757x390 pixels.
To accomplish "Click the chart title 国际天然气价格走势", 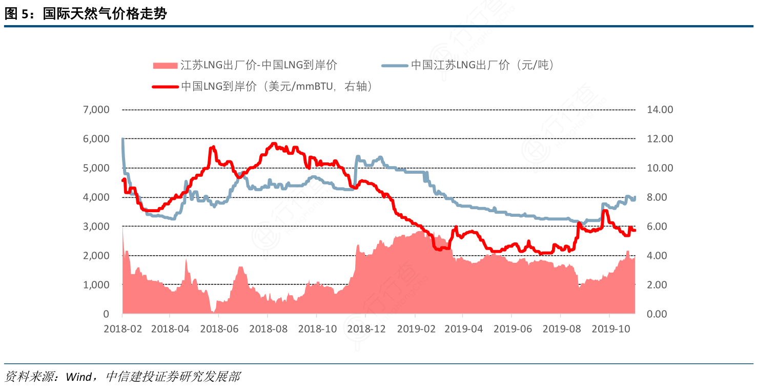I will pyautogui.click(x=105, y=14).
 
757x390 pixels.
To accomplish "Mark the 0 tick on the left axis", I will pyautogui.click(x=106, y=314).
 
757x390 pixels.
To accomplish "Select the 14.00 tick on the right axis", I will pyautogui.click(x=660, y=110).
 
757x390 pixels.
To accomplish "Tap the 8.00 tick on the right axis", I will pyautogui.click(x=658, y=197).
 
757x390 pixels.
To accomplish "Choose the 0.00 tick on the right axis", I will pyautogui.click(x=658, y=314).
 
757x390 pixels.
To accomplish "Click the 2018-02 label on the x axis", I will pyautogui.click(x=122, y=329).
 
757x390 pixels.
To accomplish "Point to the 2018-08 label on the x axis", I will pyautogui.click(x=269, y=329).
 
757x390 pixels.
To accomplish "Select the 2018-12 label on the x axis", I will pyautogui.click(x=366, y=329).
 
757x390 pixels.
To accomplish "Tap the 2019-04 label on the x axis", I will pyautogui.click(x=464, y=329).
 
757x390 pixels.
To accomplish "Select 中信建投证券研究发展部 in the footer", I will pyautogui.click(x=172, y=378).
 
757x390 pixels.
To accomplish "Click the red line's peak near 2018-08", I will pyautogui.click(x=274, y=143).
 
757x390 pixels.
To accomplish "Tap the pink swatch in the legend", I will pyautogui.click(x=165, y=66).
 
